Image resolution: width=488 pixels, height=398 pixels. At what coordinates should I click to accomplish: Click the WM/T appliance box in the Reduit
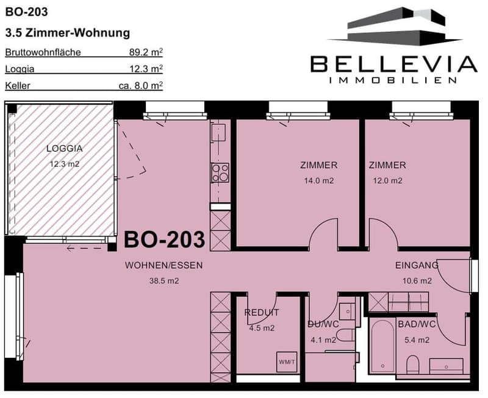287,361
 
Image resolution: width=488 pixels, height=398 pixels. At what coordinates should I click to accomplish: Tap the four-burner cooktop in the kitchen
220,172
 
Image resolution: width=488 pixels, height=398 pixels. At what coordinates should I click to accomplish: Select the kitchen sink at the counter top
219,133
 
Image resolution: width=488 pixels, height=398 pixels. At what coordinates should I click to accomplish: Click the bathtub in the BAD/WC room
382,346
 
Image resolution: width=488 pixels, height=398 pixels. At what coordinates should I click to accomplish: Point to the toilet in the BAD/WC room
413,364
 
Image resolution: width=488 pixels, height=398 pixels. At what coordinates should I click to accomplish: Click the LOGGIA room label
65,149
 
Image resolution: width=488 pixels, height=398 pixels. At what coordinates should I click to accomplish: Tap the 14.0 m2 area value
318,180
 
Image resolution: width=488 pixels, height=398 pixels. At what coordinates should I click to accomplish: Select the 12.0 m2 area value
387,180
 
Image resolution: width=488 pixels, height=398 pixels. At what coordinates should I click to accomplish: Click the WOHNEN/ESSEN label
163,265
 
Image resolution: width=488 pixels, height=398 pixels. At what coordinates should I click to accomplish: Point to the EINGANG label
417,265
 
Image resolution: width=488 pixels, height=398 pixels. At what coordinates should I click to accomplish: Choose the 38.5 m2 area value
164,281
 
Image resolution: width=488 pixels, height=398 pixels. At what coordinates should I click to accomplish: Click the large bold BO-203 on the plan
164,240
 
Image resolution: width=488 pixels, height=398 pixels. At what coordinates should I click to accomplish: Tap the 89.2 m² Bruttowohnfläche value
146,52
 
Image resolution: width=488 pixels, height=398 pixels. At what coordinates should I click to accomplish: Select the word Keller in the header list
18,85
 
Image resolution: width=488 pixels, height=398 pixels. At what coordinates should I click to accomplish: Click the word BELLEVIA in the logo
393,64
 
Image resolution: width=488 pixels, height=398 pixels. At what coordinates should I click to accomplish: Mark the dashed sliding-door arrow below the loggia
84,249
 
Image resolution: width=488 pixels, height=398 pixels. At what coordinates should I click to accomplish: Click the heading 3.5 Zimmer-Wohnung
68,33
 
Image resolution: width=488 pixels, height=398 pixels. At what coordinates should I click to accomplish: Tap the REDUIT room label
262,313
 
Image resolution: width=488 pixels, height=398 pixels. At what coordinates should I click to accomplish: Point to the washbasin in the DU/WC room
347,311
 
